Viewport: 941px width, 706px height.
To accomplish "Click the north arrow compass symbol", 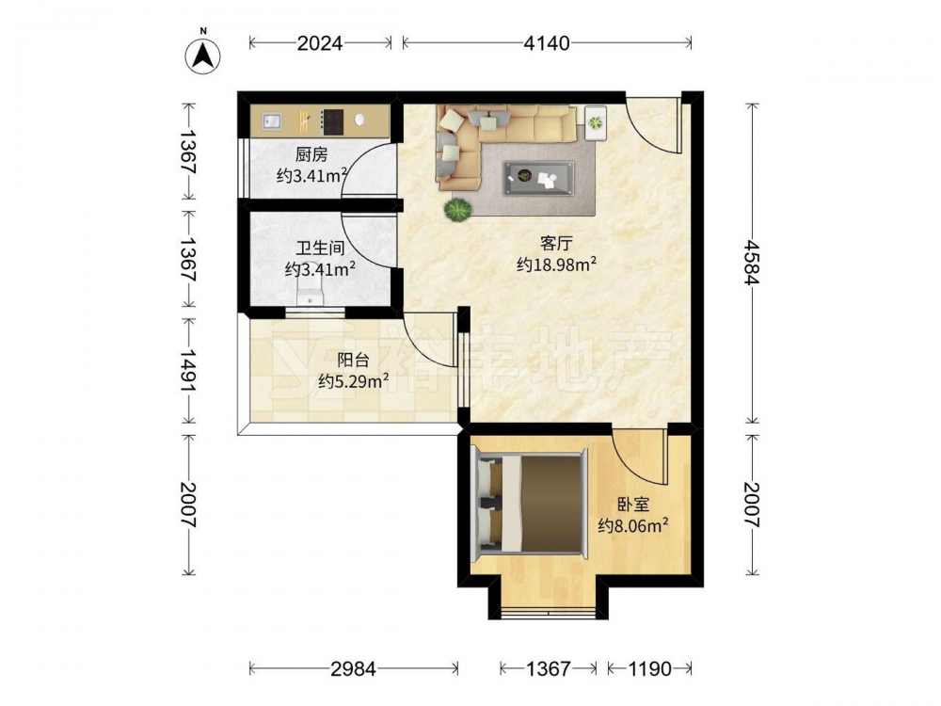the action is click(x=203, y=56).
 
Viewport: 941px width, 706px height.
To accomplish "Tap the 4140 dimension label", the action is click(x=546, y=43).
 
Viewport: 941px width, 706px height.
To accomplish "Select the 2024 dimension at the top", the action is click(x=320, y=43).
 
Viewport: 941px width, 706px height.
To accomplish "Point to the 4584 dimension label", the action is click(x=751, y=263).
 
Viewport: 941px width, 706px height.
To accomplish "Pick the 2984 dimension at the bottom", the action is click(x=354, y=668).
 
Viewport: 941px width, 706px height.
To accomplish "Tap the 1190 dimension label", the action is click(x=649, y=668).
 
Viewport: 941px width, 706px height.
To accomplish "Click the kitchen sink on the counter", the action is click(x=272, y=121).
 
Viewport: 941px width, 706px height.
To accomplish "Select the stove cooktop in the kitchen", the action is click(x=332, y=121).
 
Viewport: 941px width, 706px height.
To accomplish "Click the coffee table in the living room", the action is click(x=539, y=178).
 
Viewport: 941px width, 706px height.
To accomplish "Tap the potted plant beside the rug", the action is click(x=458, y=210).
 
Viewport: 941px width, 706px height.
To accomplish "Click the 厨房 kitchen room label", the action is click(x=311, y=155).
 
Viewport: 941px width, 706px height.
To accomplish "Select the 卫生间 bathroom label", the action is click(x=320, y=248).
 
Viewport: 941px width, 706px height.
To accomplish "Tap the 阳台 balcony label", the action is click(x=353, y=361).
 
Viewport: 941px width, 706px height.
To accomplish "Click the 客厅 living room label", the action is click(x=556, y=243).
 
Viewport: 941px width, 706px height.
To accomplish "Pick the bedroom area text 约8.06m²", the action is click(x=633, y=526).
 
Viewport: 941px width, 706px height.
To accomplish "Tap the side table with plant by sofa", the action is click(x=596, y=122).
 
